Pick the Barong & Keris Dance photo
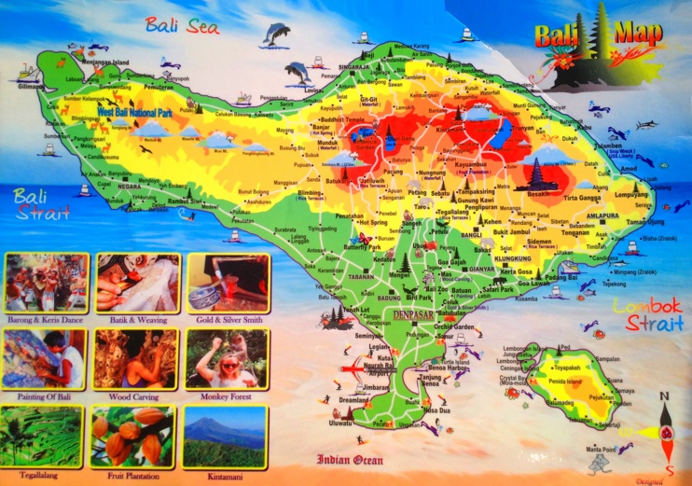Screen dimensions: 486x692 tap(46, 282)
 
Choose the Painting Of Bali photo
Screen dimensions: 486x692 tap(46, 358)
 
